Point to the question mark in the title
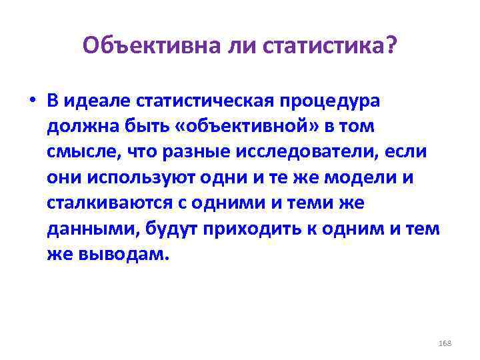(x=389, y=46)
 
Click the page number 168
(x=445, y=343)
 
